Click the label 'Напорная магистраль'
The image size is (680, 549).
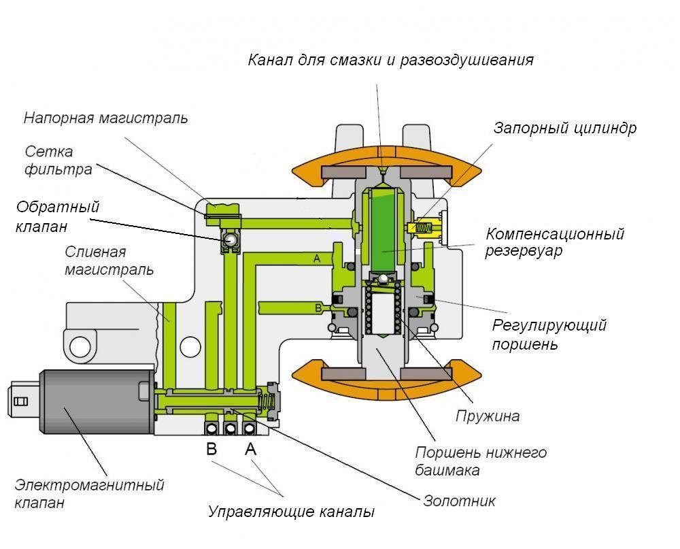(x=105, y=118)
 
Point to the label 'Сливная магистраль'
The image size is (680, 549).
(x=109, y=261)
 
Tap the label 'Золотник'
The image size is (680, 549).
(x=459, y=501)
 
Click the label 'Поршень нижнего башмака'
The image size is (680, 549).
(x=480, y=461)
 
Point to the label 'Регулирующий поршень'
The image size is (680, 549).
(x=549, y=334)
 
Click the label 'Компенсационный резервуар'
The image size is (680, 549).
(x=554, y=242)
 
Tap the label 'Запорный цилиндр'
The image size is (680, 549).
(x=564, y=128)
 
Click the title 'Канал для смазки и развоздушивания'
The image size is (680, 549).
(x=390, y=60)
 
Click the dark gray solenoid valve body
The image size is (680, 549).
(x=95, y=401)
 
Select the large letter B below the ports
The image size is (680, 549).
(x=211, y=449)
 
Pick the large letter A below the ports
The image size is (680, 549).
(x=250, y=449)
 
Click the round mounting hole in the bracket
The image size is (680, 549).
(x=80, y=345)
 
